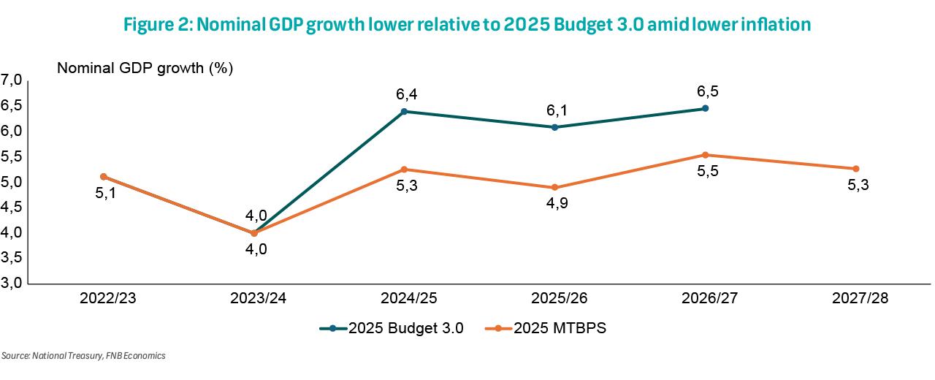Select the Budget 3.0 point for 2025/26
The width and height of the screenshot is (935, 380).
554,127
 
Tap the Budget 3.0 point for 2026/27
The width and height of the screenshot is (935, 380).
705,108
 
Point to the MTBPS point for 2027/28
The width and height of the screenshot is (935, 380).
855,169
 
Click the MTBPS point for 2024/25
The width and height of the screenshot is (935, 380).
404,170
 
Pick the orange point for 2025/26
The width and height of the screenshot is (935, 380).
554,188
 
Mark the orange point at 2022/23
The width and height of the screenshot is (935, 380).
104,176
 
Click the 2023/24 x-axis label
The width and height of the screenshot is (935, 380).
253,299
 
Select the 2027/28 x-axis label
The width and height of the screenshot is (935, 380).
855,299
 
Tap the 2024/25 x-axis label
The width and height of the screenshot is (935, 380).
404,299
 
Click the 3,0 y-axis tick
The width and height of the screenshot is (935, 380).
13,284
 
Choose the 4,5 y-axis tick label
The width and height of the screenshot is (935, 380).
13,208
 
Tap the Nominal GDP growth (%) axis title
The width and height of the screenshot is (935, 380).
145,69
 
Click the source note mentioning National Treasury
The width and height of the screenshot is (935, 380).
83,356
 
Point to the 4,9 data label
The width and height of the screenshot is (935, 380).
555,203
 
